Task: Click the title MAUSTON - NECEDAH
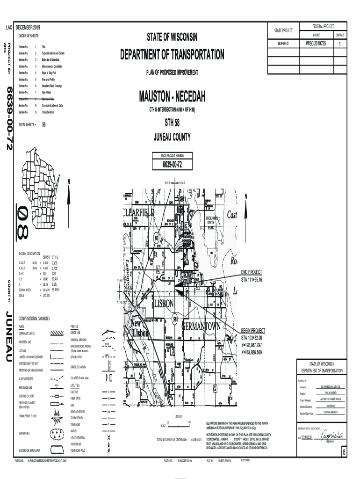[x=172, y=97]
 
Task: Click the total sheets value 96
[x=44, y=125]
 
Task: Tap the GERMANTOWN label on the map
[x=201, y=327]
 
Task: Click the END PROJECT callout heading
[x=252, y=272]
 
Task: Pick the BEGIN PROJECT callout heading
[x=253, y=330]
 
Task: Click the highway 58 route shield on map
[x=174, y=319]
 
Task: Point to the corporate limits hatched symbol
[x=57, y=333]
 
